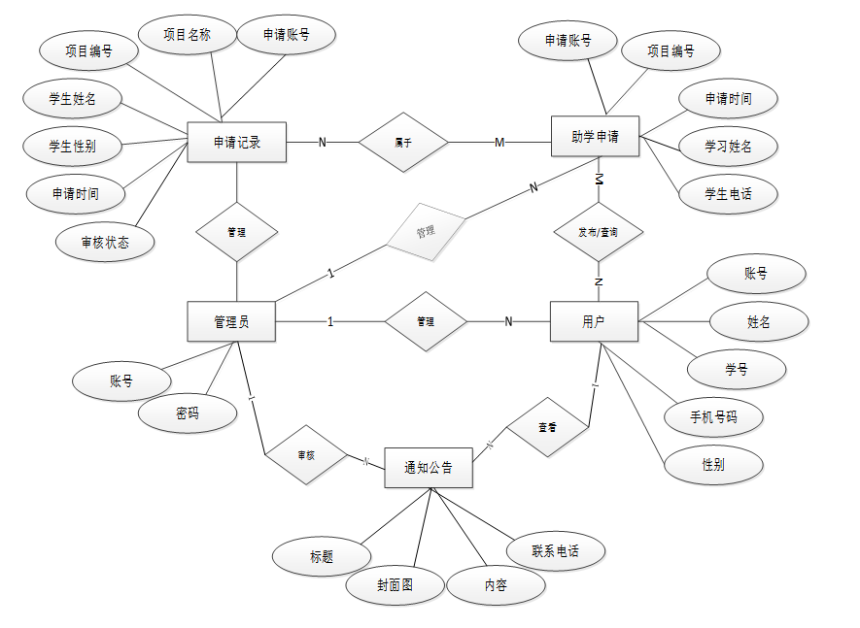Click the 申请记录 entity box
coord(236,144)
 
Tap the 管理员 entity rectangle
coord(231,321)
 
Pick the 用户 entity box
coord(594,321)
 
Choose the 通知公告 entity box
coord(429,468)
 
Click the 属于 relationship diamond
coord(403,143)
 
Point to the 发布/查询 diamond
coord(598,233)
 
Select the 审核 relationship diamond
coord(306,454)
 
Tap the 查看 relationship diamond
coord(547,426)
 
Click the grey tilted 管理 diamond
coord(425,233)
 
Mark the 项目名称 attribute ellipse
coord(187,35)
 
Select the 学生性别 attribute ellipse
coord(72,147)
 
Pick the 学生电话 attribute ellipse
coord(728,193)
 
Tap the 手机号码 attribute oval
coord(713,417)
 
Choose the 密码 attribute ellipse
coord(188,413)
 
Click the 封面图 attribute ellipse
coord(395,585)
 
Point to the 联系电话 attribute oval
coord(556,550)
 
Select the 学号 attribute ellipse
coord(736,369)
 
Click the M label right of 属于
coord(499,143)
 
